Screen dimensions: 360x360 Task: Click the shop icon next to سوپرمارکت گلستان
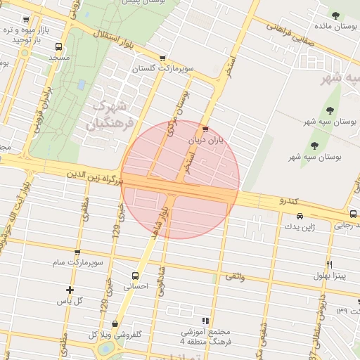(163, 58)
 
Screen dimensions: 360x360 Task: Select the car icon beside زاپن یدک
(300, 216)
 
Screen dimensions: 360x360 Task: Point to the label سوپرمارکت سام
(77, 262)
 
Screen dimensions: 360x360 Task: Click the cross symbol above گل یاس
(70, 290)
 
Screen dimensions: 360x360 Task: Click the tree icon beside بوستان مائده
(336, 16)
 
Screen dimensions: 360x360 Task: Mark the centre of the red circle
(180, 179)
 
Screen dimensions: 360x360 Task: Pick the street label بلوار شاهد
(157, 219)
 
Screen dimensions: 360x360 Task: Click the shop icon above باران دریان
(205, 129)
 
